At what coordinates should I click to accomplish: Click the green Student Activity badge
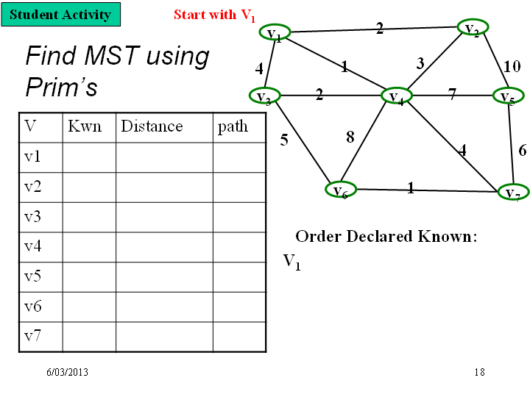[x=61, y=14]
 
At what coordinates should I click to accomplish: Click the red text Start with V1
[x=214, y=15]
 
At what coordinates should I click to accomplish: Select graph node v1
[x=275, y=32]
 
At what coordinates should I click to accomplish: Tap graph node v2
[x=473, y=27]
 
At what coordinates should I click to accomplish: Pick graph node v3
[x=265, y=96]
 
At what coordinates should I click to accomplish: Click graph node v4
[x=397, y=96]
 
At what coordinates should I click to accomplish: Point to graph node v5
[x=509, y=96]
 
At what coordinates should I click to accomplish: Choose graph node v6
[x=341, y=190]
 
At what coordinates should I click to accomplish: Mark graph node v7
[x=514, y=192]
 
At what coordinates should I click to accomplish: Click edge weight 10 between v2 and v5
[x=512, y=66]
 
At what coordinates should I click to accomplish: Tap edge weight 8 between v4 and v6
[x=350, y=137]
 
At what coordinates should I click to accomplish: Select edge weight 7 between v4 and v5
[x=452, y=94]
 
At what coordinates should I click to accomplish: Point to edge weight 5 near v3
[x=284, y=140]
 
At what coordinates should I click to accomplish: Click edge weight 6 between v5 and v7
[x=523, y=150]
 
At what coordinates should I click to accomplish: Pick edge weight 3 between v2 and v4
[x=420, y=63]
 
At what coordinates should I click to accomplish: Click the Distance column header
[x=152, y=126]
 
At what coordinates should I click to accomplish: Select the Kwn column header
[x=85, y=126]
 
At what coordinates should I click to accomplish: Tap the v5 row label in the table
[x=33, y=276]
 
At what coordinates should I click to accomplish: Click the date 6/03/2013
[x=67, y=372]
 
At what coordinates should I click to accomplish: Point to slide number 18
[x=480, y=372]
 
